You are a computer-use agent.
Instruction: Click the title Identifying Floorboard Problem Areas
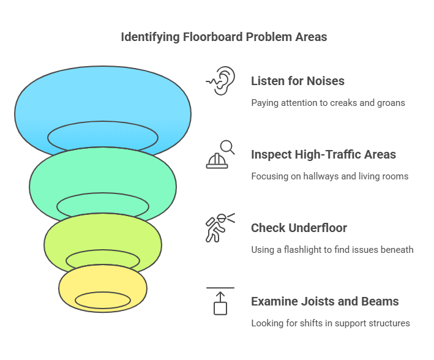223,37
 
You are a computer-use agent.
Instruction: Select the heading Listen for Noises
297,81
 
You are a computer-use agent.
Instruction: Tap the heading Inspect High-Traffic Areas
323,154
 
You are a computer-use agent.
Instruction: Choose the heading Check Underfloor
299,228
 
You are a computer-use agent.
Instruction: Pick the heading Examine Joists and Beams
324,301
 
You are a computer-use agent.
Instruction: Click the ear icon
220,81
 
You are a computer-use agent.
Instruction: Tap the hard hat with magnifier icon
220,154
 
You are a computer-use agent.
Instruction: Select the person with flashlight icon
220,228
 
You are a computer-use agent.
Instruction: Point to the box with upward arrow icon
220,301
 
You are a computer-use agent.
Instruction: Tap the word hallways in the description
318,176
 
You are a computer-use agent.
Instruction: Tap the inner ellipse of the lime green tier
102,260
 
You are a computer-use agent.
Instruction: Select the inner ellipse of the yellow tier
102,300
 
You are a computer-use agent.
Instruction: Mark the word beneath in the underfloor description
396,250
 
